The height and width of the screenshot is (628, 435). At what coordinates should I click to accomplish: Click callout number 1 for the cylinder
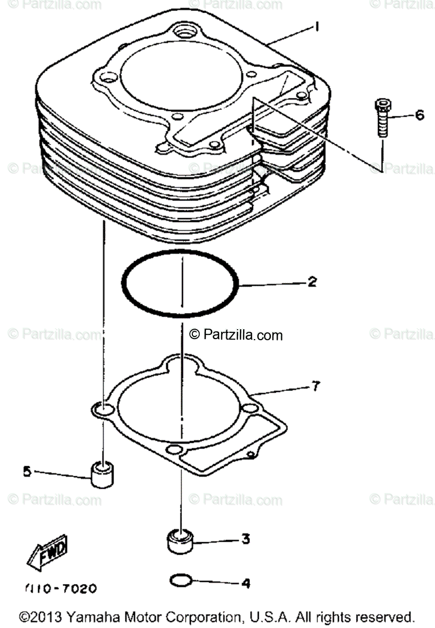[x=316, y=26]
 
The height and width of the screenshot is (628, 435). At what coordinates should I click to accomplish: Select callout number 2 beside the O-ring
[x=312, y=283]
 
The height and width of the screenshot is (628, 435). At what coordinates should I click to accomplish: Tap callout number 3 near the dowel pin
[x=245, y=538]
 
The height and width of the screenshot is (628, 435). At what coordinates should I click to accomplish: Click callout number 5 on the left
[x=27, y=471]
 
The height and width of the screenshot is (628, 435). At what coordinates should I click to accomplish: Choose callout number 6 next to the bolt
[x=419, y=115]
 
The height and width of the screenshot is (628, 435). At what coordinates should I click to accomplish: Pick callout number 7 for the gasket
[x=315, y=387]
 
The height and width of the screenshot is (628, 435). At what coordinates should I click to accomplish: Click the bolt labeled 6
[x=381, y=118]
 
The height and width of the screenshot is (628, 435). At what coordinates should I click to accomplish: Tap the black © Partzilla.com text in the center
[x=236, y=334]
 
